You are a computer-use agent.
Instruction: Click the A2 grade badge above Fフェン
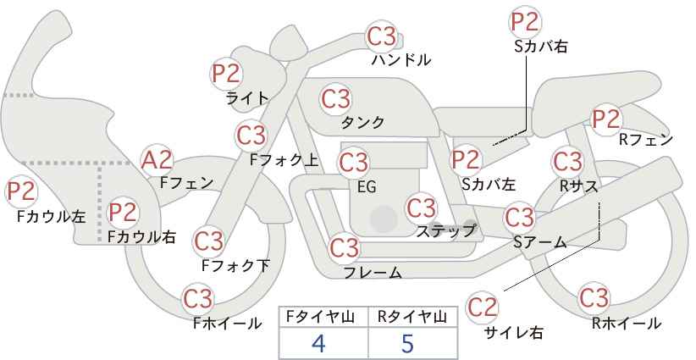pyautogui.click(x=157, y=160)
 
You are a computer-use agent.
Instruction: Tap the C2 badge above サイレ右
pyautogui.click(x=482, y=307)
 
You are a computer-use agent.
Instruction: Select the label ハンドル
pyautogui.click(x=401, y=59)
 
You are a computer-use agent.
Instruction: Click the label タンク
pyautogui.click(x=362, y=122)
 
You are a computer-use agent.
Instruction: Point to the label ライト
pyautogui.click(x=247, y=98)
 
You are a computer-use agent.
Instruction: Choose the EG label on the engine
pyautogui.click(x=367, y=187)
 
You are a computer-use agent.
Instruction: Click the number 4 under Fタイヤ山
pyautogui.click(x=318, y=343)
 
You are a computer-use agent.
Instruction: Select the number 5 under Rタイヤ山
pyautogui.click(x=407, y=343)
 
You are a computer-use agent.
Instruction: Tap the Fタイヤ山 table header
pyautogui.click(x=320, y=317)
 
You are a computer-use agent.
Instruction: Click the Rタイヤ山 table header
pyautogui.click(x=412, y=317)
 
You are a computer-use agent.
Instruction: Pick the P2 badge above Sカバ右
pyautogui.click(x=525, y=22)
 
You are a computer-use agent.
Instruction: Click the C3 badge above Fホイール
pyautogui.click(x=198, y=299)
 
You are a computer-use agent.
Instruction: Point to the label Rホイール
pyautogui.click(x=627, y=324)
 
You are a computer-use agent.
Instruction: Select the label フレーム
pyautogui.click(x=373, y=273)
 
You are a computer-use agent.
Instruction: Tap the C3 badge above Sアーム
pyautogui.click(x=520, y=218)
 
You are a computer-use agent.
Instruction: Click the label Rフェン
pyautogui.click(x=646, y=141)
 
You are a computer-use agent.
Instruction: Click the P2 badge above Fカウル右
pyautogui.click(x=123, y=212)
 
